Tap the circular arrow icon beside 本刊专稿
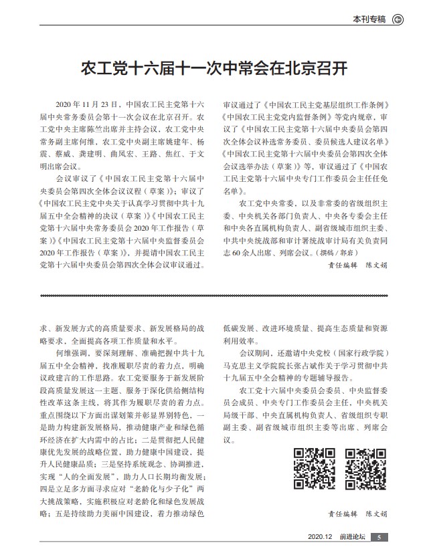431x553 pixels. (x=398, y=19)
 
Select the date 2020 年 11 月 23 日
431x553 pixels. (x=89, y=105)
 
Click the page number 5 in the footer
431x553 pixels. (x=379, y=537)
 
